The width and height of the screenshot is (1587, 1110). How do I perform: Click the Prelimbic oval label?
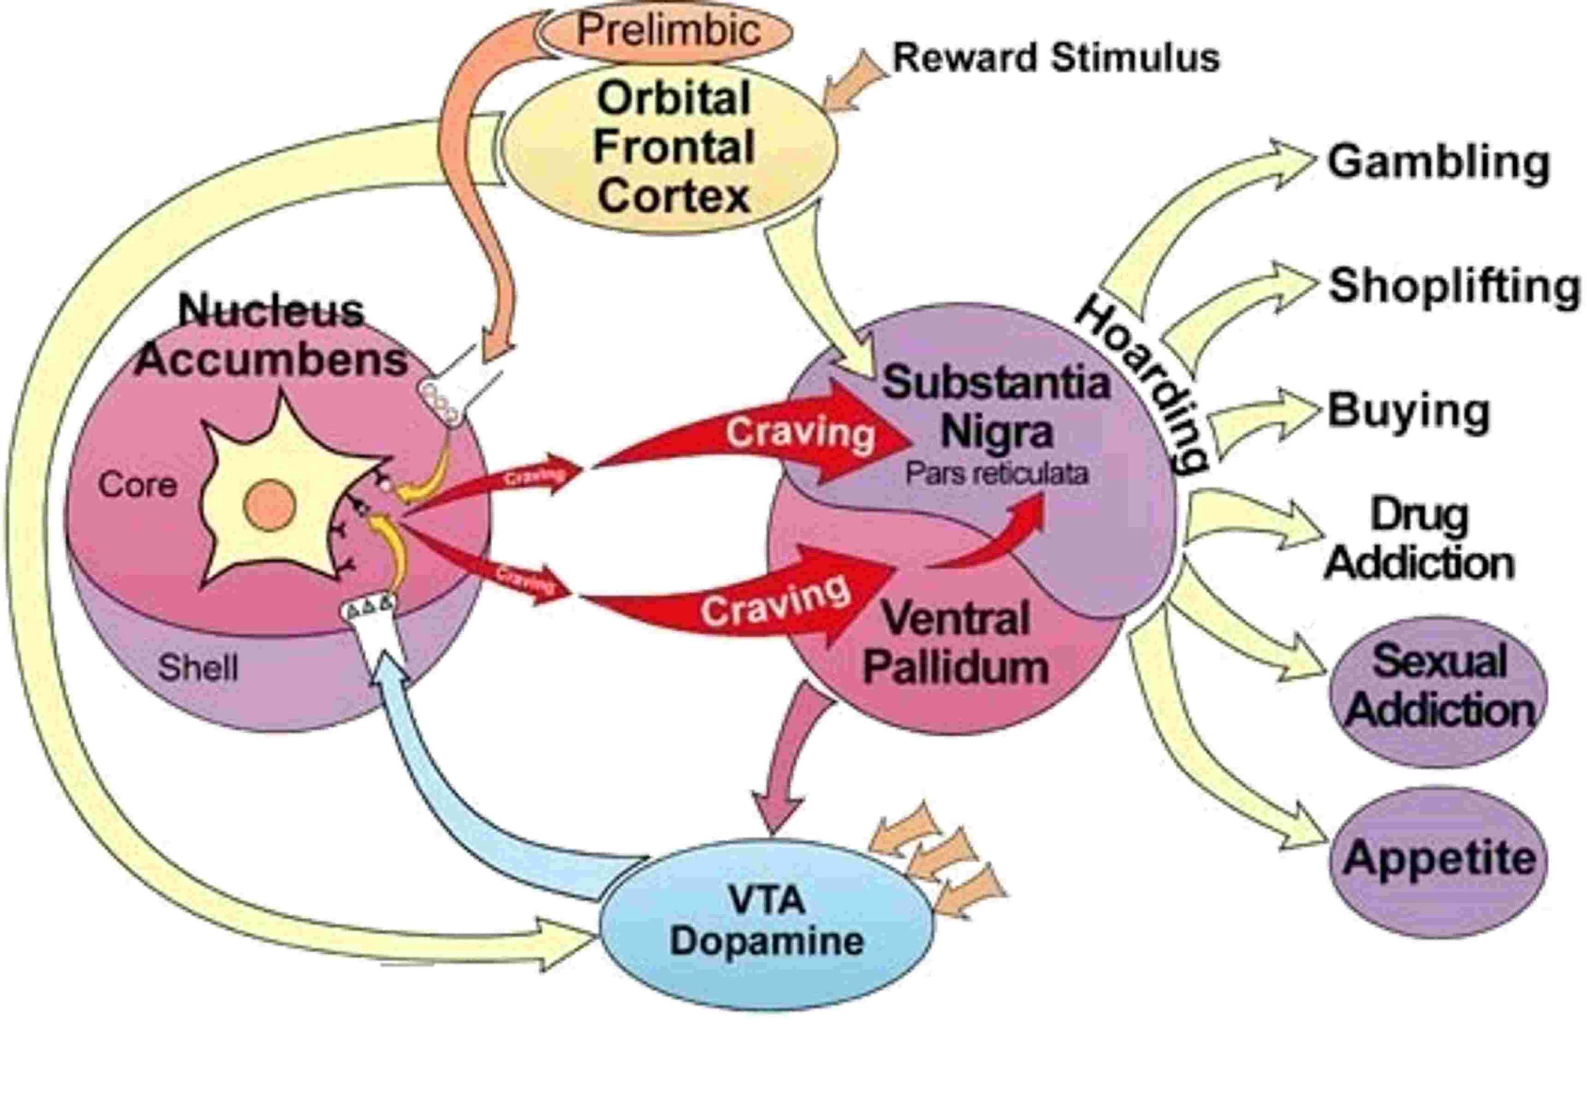tap(668, 30)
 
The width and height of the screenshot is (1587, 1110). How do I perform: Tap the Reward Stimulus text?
tap(1056, 58)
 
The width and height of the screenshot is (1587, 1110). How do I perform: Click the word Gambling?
tap(1438, 162)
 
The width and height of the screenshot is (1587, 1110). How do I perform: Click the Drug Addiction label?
tap(1419, 539)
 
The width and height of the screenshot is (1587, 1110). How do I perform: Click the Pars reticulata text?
tap(997, 474)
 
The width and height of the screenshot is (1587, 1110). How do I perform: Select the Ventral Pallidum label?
tap(956, 643)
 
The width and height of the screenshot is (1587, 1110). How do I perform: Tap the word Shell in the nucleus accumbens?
tap(198, 667)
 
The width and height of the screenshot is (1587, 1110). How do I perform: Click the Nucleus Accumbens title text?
tap(271, 336)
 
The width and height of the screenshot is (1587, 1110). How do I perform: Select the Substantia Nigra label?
tap(996, 407)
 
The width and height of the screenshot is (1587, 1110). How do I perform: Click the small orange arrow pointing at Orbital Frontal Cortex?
tap(854, 79)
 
